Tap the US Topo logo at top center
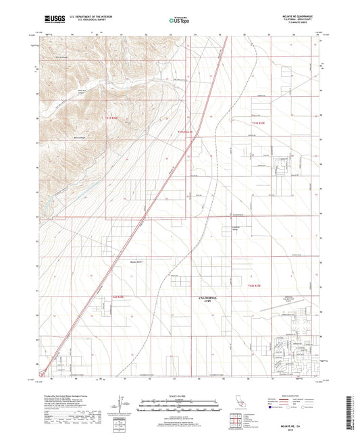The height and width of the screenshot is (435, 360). tap(179, 21)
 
